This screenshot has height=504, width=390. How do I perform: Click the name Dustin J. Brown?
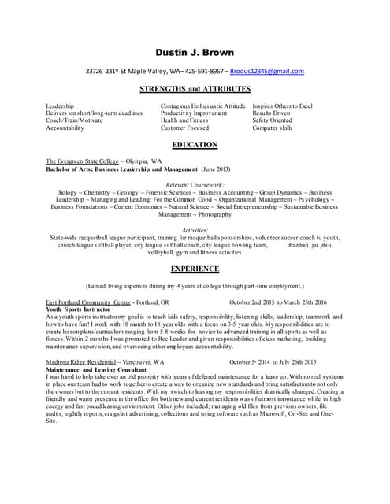click(x=195, y=53)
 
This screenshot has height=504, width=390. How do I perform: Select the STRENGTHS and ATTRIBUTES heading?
click(x=195, y=90)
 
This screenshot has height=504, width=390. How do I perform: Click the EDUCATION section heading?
click(x=195, y=146)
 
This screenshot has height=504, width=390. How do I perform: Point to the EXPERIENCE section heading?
click(x=195, y=269)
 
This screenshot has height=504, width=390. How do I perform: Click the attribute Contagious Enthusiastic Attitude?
click(x=202, y=106)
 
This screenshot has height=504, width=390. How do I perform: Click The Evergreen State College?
click(x=82, y=161)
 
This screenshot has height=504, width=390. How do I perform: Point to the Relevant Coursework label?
click(x=195, y=184)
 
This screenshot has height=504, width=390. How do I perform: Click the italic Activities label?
click(x=195, y=229)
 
